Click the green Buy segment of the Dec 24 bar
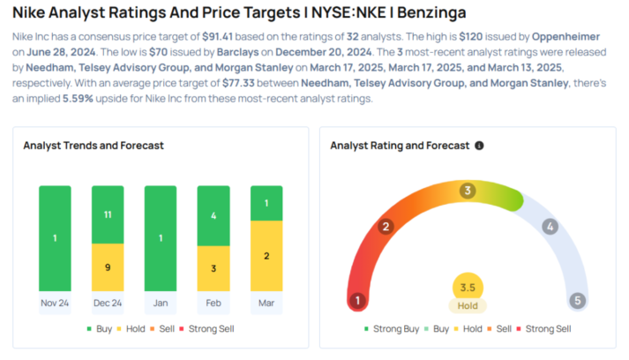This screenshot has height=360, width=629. pos(108,214)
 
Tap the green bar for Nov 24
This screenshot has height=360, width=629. pos(55,236)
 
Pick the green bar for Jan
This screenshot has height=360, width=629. pos(161,236)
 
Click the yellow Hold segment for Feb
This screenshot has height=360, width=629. pos(213,266)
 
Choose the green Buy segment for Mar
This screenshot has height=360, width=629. pos(266,203)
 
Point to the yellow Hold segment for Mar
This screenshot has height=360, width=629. pos(266,254)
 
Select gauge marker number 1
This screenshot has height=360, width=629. pos(357,300)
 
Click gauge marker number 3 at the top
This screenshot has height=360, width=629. pos(468,190)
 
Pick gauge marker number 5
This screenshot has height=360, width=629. pos(578,300)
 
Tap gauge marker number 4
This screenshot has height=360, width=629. pos(550,227)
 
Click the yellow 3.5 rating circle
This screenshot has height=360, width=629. pos(468,287)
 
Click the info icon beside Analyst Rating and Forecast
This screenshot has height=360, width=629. pos(479,146)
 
